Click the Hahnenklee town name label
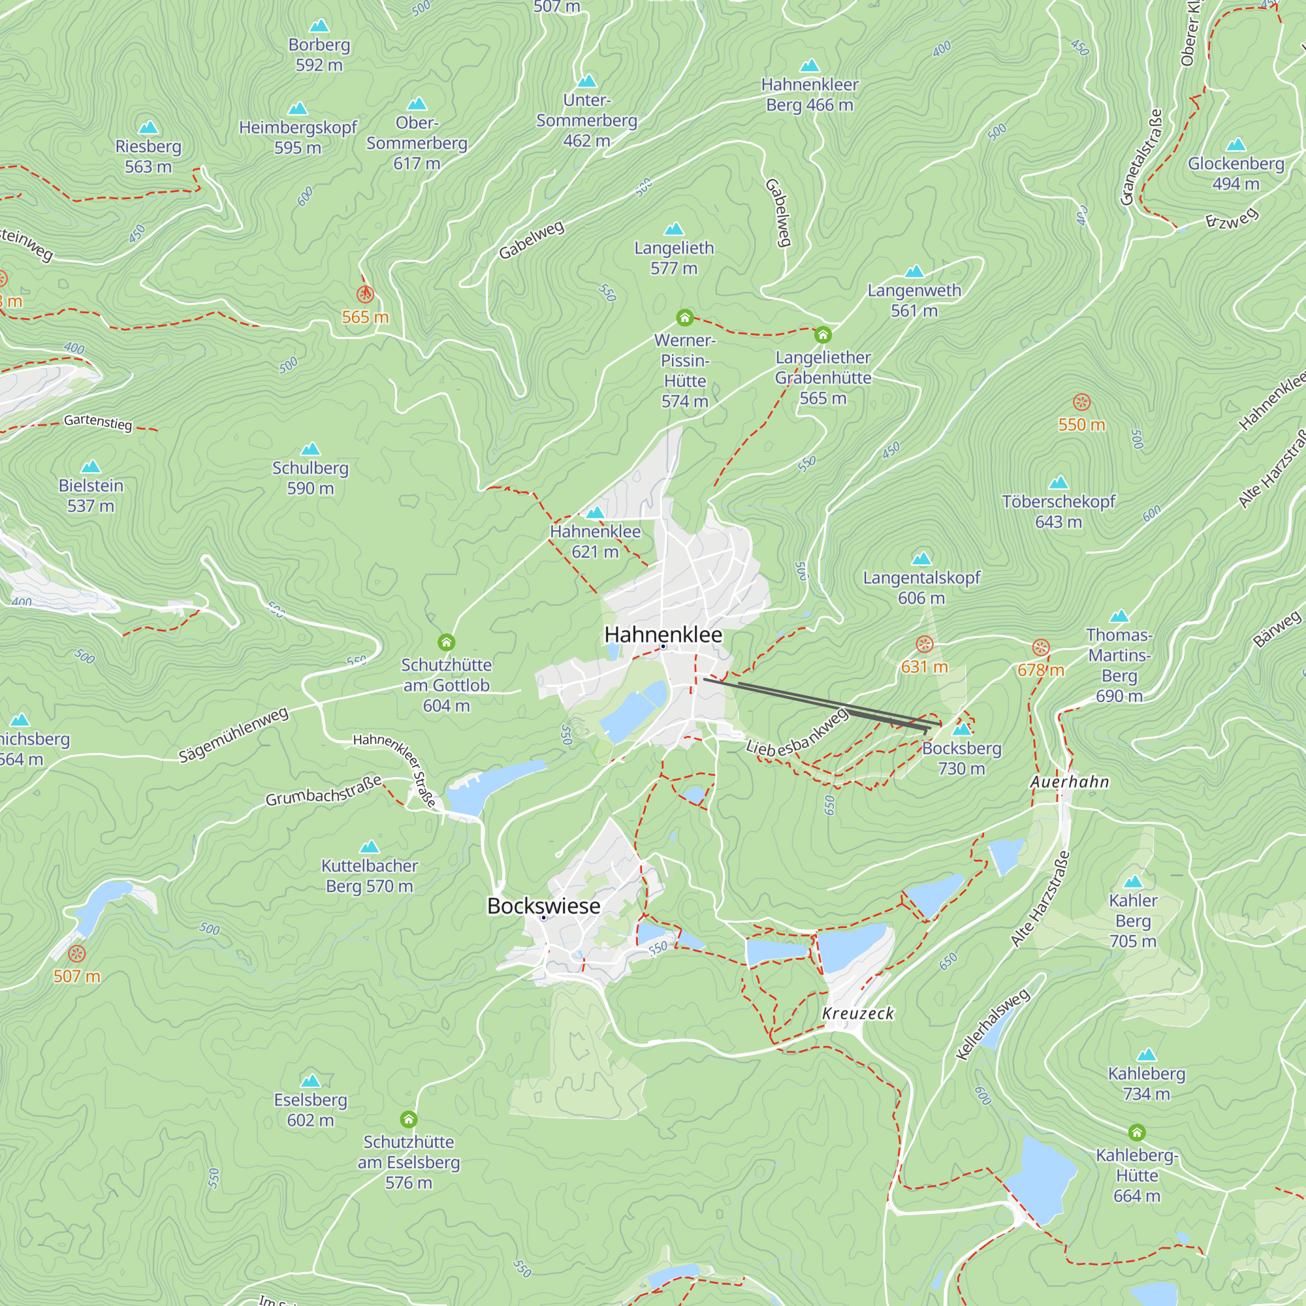(x=663, y=635)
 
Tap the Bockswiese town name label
(x=543, y=906)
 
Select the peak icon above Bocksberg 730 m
(x=961, y=729)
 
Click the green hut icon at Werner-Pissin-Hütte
(x=685, y=318)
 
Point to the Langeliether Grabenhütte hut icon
(x=823, y=334)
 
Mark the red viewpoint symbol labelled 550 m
(x=1081, y=402)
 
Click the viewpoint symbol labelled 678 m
(x=1041, y=648)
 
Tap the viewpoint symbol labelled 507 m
(x=77, y=954)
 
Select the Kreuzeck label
(x=858, y=1013)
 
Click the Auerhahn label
(x=1070, y=782)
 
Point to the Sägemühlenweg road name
(x=233, y=735)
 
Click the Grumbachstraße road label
(x=323, y=791)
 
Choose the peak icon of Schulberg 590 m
(x=310, y=449)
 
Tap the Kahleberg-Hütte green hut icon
(x=1137, y=1132)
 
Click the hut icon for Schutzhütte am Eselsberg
(x=408, y=1119)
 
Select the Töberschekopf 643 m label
(x=1059, y=511)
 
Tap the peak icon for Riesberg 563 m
(x=148, y=127)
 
